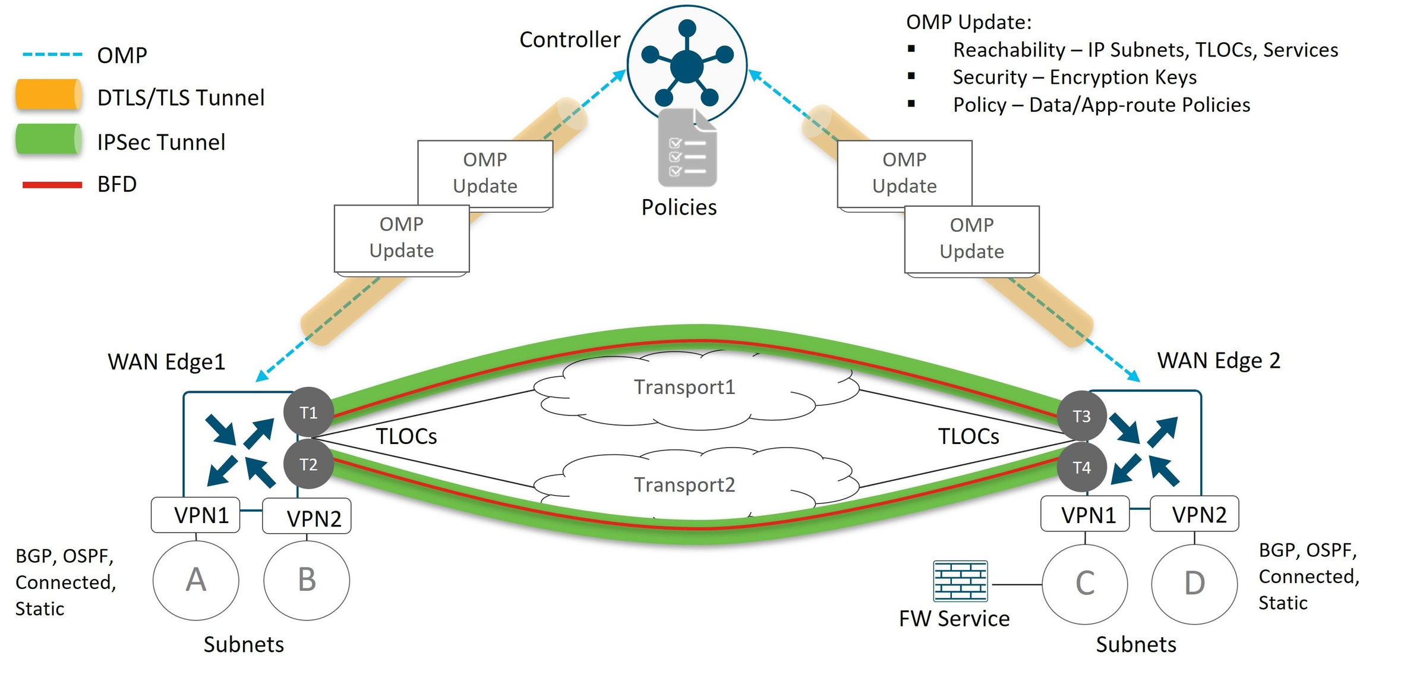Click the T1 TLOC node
point(308,412)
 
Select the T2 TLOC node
point(308,464)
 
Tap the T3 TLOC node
point(1082,416)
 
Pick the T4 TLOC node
point(1082,468)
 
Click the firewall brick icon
point(960,581)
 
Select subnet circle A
point(196,580)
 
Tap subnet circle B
point(307,580)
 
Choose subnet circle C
point(1085,584)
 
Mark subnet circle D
point(1194,584)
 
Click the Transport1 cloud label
point(684,387)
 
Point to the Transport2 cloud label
point(684,484)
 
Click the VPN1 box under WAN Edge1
point(195,515)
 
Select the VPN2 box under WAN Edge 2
point(1195,514)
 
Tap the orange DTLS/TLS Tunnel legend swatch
point(49,95)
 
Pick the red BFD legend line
point(52,185)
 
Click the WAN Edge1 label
point(166,361)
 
